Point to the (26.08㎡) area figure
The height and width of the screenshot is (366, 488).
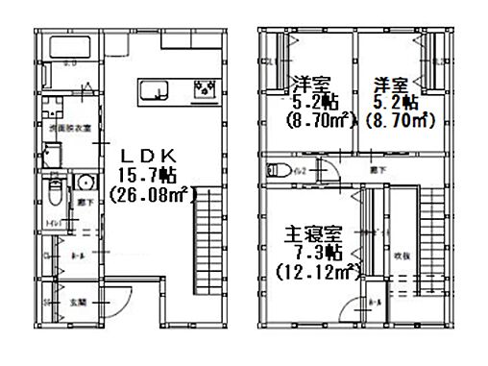click(x=152, y=194)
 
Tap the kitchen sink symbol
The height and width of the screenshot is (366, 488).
click(x=153, y=91)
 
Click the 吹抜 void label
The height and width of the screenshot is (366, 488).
click(x=401, y=255)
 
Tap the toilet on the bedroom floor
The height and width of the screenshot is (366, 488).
click(x=278, y=170)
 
